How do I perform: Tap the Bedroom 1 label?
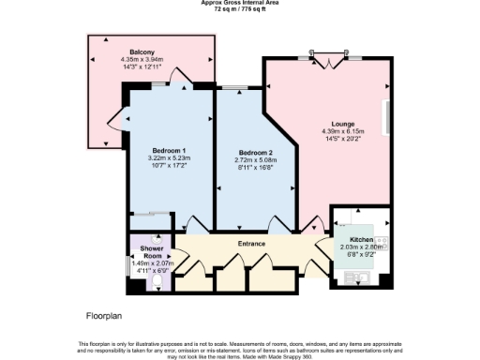point(170,151)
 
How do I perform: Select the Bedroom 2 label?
point(255,153)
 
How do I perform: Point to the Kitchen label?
point(360,240)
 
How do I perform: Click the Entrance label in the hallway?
point(252,245)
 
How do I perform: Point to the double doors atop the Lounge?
point(329,63)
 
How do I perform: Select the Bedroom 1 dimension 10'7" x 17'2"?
point(170,166)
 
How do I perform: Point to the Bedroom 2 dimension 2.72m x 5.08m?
point(255,160)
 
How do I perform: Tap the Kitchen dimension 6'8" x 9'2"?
point(360,255)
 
